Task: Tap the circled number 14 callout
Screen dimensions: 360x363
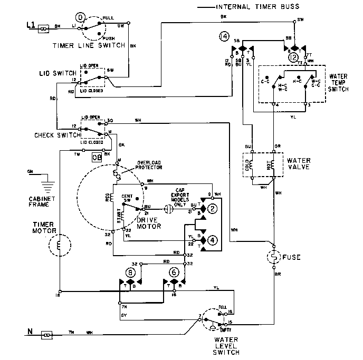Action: (224, 36)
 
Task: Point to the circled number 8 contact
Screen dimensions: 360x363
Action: (131, 273)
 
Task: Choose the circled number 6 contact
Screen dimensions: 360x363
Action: (173, 273)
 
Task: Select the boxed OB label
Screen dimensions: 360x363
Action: (97, 157)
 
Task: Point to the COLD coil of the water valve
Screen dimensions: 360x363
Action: (252, 165)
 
